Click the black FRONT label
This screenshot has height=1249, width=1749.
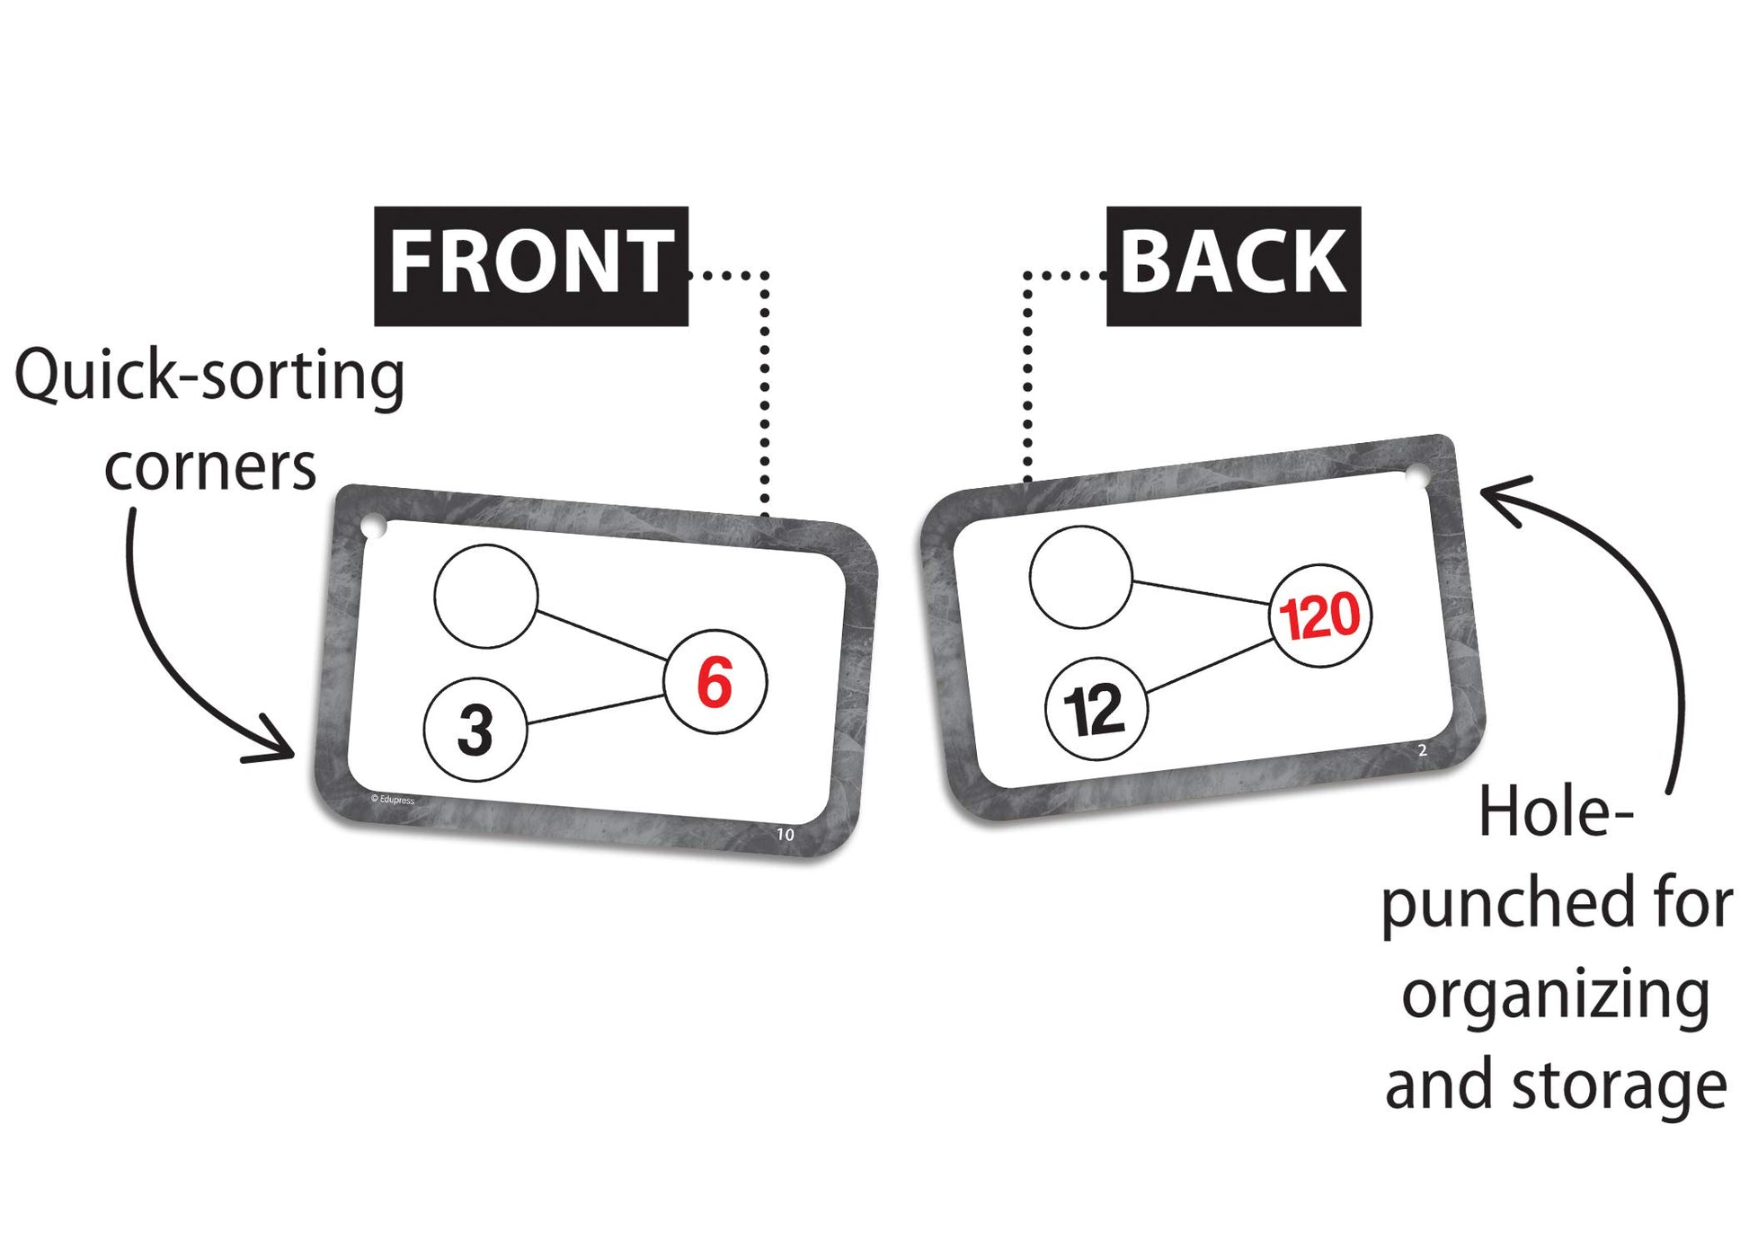click(x=530, y=265)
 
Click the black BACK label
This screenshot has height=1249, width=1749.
click(x=1233, y=265)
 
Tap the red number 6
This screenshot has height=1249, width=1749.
click(x=715, y=683)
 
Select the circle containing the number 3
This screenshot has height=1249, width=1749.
click(x=475, y=729)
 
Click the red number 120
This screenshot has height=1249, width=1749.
click(x=1320, y=616)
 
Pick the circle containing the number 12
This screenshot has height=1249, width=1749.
click(x=1096, y=710)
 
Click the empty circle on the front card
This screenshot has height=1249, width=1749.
click(x=486, y=596)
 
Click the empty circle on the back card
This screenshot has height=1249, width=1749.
click(x=1081, y=577)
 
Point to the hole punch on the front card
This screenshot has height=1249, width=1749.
click(x=374, y=527)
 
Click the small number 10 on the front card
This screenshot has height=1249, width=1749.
click(x=786, y=835)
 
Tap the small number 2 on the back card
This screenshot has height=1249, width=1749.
click(x=1423, y=750)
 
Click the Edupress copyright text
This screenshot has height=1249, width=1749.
click(x=393, y=799)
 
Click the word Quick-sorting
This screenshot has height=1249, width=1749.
click(x=209, y=376)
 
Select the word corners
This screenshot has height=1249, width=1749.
click(x=210, y=467)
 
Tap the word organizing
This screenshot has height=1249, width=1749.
click(x=1555, y=996)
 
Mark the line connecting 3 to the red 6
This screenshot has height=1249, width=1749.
click(x=595, y=710)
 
